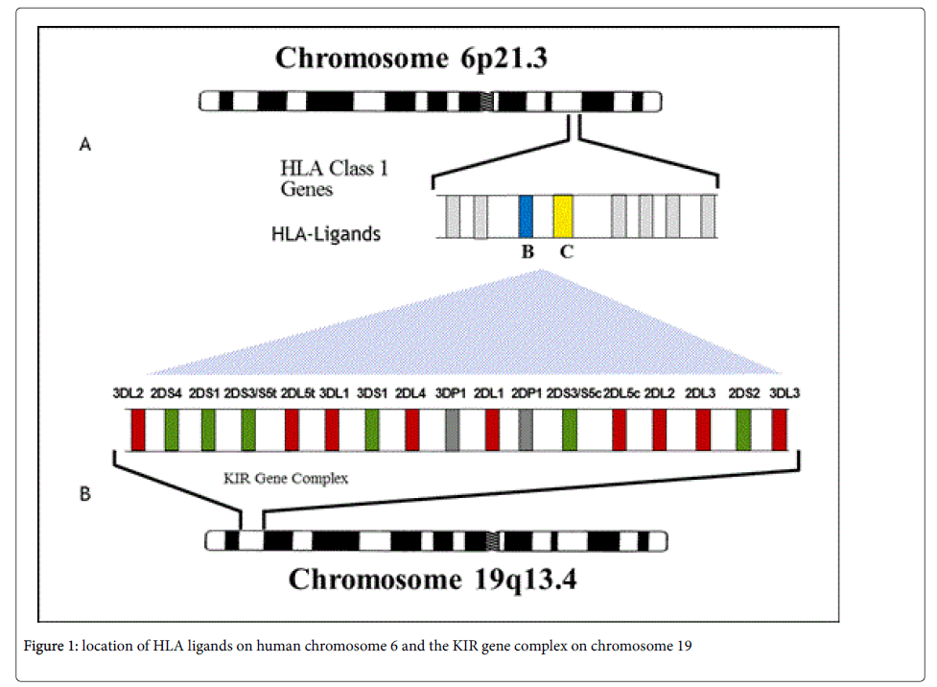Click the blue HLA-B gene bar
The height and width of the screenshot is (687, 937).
click(x=526, y=216)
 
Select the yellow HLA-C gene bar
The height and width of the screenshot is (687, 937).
click(x=564, y=216)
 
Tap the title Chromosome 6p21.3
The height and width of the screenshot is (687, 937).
click(x=411, y=58)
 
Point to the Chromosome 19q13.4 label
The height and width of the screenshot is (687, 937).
click(x=433, y=580)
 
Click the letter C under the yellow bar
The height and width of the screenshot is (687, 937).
click(x=567, y=253)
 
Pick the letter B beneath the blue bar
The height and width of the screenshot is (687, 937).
click(x=527, y=253)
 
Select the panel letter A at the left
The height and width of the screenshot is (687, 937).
click(x=85, y=145)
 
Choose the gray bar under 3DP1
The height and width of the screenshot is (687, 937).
click(x=453, y=429)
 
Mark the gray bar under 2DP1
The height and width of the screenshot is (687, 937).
click(x=526, y=429)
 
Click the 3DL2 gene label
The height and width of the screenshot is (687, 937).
click(x=127, y=392)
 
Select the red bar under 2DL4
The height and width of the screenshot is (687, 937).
click(x=412, y=429)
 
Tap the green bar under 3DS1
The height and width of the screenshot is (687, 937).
click(x=372, y=429)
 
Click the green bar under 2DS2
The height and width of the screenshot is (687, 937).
click(x=743, y=429)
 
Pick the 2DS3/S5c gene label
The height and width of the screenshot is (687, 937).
click(x=574, y=392)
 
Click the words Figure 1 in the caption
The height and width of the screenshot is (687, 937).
click(x=50, y=646)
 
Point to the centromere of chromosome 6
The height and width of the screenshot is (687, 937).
click(x=491, y=101)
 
